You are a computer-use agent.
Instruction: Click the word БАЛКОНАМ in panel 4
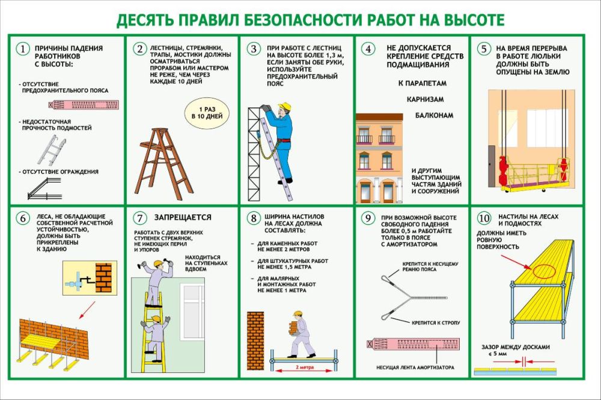(x=433, y=115)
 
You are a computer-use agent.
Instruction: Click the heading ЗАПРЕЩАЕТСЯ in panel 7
(x=183, y=217)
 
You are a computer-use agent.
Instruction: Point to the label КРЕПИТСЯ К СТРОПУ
(x=436, y=323)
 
